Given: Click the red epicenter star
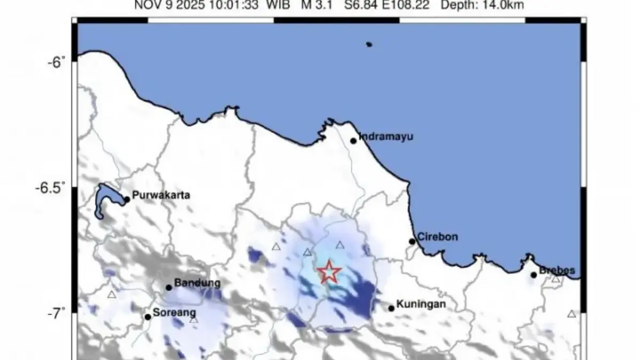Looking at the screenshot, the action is tap(330, 272).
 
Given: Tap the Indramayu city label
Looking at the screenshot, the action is tap(386, 137).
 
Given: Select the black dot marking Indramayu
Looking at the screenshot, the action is tap(353, 141).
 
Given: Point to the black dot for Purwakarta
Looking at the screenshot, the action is tap(127, 199).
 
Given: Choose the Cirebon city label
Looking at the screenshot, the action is tap(437, 237).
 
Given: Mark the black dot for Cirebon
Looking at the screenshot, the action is tap(412, 242).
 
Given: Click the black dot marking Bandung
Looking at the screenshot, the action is tap(169, 287).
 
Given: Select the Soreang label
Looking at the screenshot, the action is tap(174, 313).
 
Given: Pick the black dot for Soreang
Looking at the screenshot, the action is tap(148, 317).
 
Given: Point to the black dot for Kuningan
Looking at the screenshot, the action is tap(391, 308).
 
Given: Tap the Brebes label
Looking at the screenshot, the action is tap(557, 271).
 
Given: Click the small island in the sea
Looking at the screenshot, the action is tap(369, 44).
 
